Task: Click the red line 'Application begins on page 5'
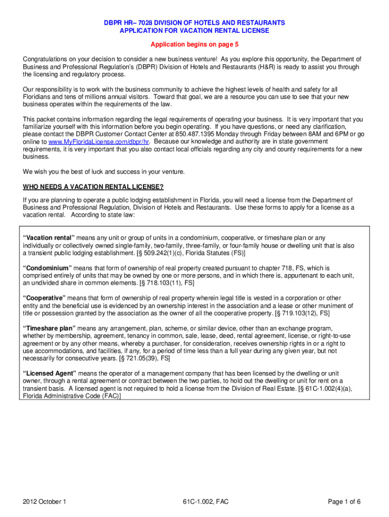(x=194, y=44)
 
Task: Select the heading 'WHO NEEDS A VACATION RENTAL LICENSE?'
(x=93, y=187)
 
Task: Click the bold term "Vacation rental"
(x=48, y=238)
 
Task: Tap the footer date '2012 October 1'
(x=45, y=502)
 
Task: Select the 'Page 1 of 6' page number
(x=343, y=502)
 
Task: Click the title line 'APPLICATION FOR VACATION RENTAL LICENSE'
(x=194, y=31)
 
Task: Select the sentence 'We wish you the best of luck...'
(x=104, y=172)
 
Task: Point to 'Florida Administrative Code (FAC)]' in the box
(x=72, y=396)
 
